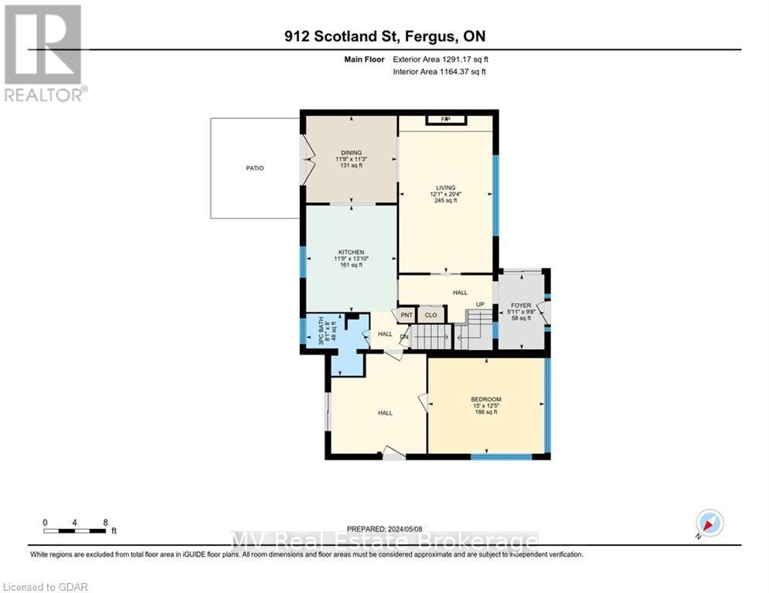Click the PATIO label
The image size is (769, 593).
coord(255,168)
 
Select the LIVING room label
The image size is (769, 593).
coord(445,188)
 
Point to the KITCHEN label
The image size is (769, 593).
coord(349,252)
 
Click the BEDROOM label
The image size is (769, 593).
coord(486,399)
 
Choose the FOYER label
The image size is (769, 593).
coord(521,306)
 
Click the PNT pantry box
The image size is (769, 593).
coord(404,315)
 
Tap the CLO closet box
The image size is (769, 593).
coord(430,315)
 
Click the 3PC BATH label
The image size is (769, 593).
coord(311,333)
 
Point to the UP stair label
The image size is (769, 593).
coord(480,304)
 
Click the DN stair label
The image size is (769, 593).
coord(403,336)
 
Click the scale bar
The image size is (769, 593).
coord(75,530)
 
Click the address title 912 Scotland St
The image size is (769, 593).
coord(384,36)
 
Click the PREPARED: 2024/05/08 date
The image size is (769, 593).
coord(384,528)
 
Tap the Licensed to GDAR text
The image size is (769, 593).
coord(44,587)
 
